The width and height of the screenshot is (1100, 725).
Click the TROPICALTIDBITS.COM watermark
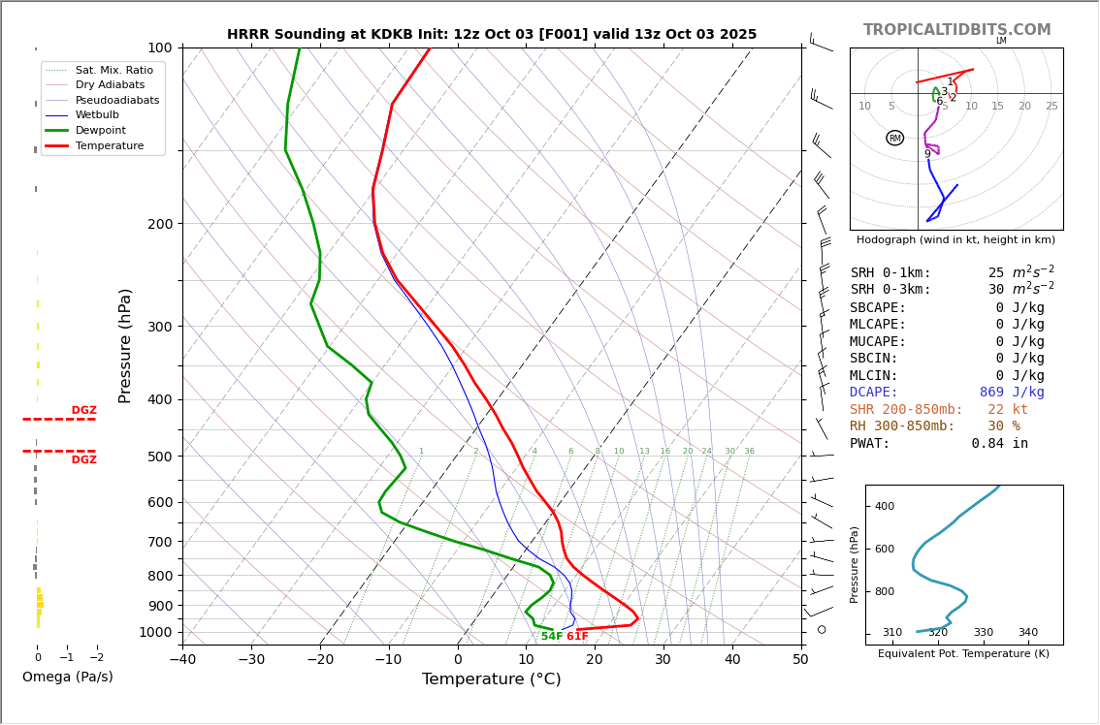(x=956, y=30)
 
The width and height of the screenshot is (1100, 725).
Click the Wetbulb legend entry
(x=97, y=115)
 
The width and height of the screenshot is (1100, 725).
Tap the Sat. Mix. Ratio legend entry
(x=114, y=70)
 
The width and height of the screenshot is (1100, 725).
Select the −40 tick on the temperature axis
(x=182, y=659)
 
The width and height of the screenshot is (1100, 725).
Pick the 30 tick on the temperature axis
(x=663, y=659)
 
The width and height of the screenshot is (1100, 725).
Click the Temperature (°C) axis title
(x=491, y=679)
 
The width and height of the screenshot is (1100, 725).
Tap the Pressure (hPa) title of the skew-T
(x=125, y=345)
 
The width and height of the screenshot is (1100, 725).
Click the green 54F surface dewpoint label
(x=551, y=637)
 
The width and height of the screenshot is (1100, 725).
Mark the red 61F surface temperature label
(x=577, y=637)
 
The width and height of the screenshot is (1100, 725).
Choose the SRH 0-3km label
(x=890, y=290)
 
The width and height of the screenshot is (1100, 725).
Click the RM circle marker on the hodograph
(x=894, y=139)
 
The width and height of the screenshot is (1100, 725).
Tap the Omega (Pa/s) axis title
(x=67, y=677)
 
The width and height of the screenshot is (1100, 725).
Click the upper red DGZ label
(x=83, y=411)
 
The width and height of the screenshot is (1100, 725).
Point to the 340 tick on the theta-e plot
(x=1027, y=633)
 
